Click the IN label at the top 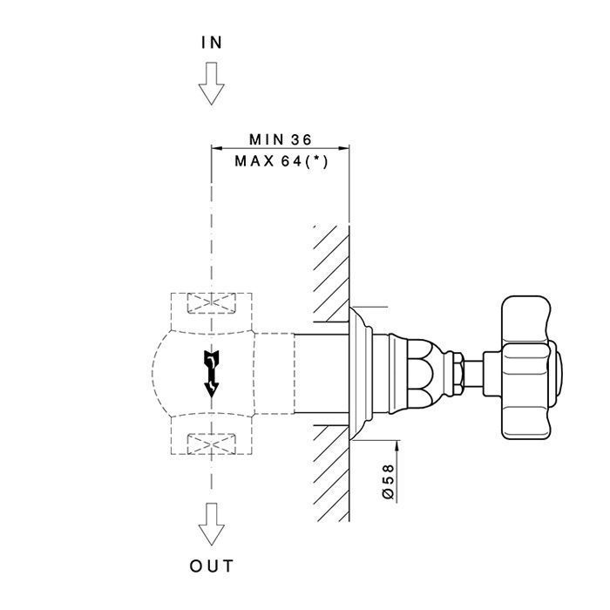coord(212,43)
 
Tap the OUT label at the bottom coord(212,566)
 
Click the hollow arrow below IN coord(212,84)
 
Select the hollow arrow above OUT coord(212,524)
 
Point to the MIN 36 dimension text coord(281,139)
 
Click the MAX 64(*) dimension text coord(281,161)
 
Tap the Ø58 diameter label coord(389,481)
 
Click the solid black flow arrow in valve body coord(212,374)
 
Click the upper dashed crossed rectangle coord(212,303)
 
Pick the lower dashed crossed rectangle coord(212,444)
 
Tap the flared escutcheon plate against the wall coord(361,374)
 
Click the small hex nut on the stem coord(458,373)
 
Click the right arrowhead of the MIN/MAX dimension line coord(343,148)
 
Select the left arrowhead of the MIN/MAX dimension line coord(217,148)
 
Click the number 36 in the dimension coord(302,139)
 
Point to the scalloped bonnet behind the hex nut coord(421,374)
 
